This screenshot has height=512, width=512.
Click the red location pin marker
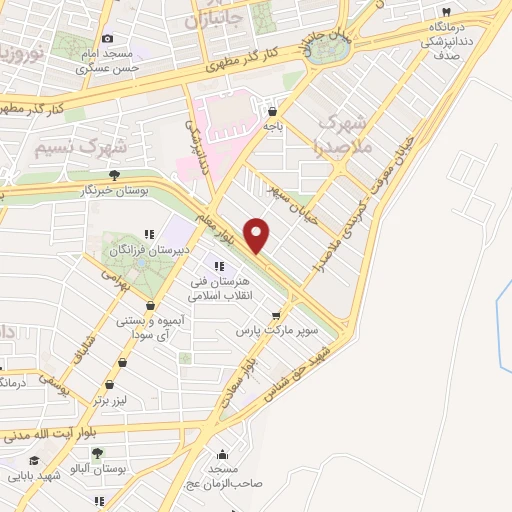point(258,236)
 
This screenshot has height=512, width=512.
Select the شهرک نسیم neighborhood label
point(79,147)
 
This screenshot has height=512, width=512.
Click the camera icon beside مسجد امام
point(107,39)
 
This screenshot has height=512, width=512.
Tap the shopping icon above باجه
point(273,112)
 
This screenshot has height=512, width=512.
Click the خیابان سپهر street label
point(296,200)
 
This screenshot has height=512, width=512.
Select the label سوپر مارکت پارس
point(277,329)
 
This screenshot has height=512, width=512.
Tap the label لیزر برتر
point(113,399)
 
